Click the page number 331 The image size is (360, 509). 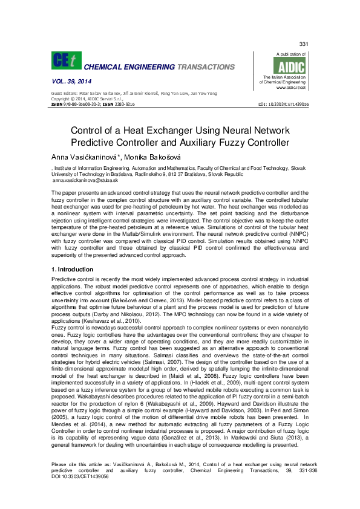click(x=304, y=45)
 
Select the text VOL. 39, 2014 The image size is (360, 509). click(x=71, y=81)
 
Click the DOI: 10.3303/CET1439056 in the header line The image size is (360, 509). click(x=283, y=104)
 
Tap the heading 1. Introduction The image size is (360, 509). click(x=72, y=269)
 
